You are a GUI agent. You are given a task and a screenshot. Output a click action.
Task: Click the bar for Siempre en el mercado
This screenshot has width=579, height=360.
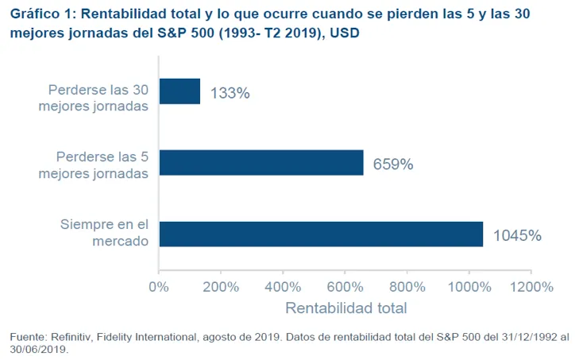(321, 234)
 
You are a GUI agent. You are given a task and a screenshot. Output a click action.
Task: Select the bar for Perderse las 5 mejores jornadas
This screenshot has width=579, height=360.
(261, 162)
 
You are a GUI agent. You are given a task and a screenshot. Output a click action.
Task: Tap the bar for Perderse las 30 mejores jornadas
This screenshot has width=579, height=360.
(179, 91)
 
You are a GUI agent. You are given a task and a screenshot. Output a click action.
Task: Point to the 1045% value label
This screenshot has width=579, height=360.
(517, 235)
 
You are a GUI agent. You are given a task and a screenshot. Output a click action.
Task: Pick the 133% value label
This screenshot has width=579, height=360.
(230, 93)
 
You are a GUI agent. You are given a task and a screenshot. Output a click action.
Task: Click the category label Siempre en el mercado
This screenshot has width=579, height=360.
(104, 233)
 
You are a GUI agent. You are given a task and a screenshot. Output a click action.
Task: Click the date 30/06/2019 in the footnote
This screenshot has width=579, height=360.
(37, 349)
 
